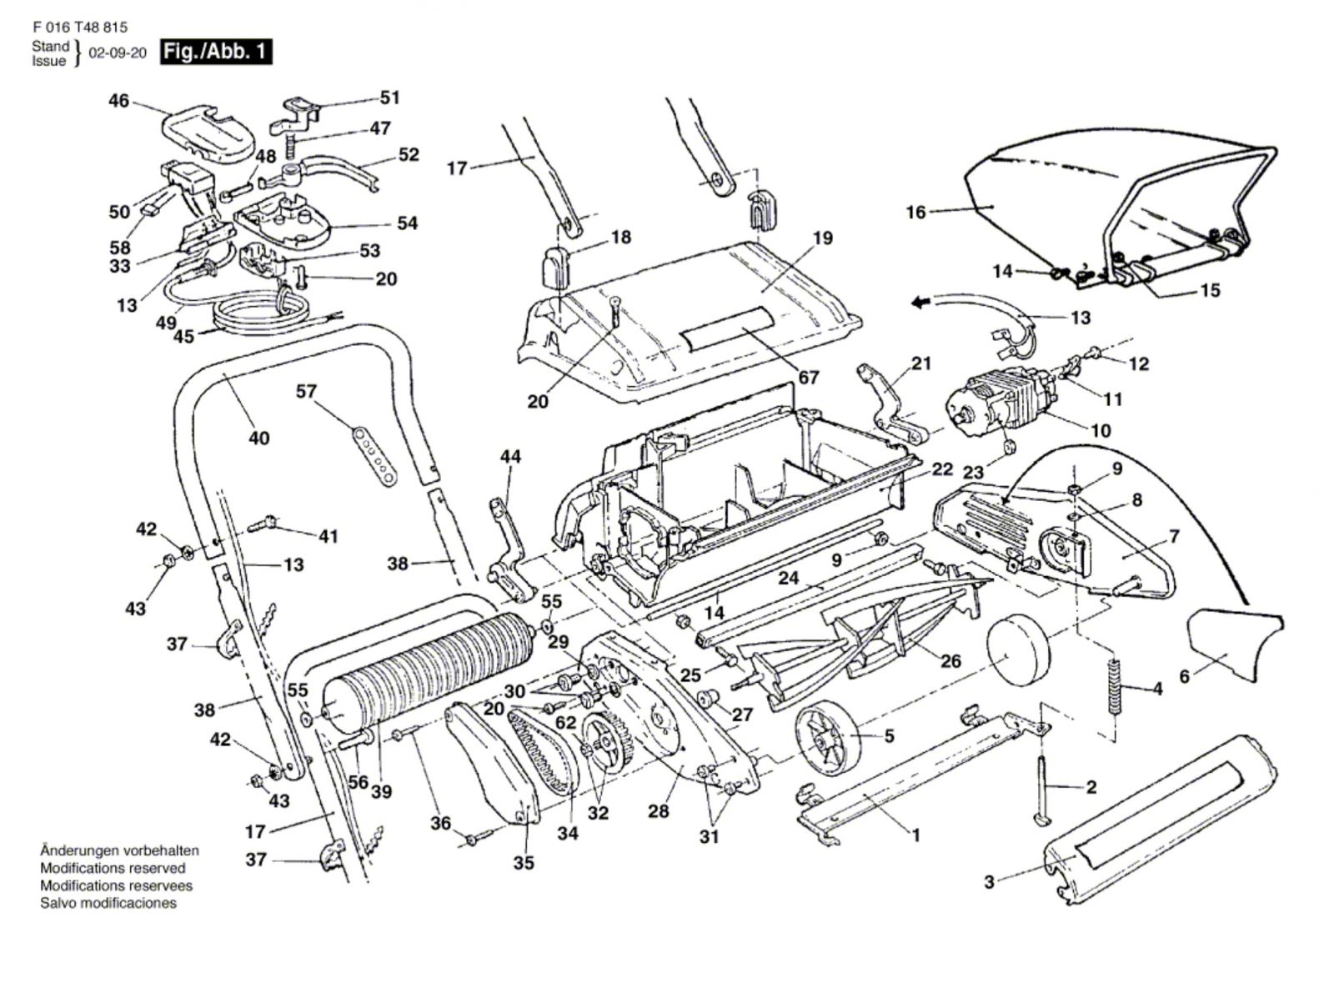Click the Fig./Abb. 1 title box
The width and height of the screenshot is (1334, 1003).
pyautogui.click(x=215, y=52)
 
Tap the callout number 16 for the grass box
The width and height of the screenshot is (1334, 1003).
pyautogui.click(x=915, y=213)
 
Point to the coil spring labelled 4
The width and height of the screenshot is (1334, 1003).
pyautogui.click(x=1114, y=686)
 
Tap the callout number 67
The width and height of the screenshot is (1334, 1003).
pyautogui.click(x=809, y=378)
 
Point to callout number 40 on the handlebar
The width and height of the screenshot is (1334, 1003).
pyautogui.click(x=259, y=438)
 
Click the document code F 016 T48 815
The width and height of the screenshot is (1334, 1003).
pyautogui.click(x=80, y=28)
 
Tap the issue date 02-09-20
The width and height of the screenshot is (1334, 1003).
pyautogui.click(x=117, y=53)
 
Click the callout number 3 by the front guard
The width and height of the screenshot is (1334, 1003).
pyautogui.click(x=989, y=881)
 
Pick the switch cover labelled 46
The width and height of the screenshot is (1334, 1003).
pyautogui.click(x=204, y=129)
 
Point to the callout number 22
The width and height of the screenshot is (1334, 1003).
pyautogui.click(x=942, y=469)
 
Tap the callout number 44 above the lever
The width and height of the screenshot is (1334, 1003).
pyautogui.click(x=510, y=456)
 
